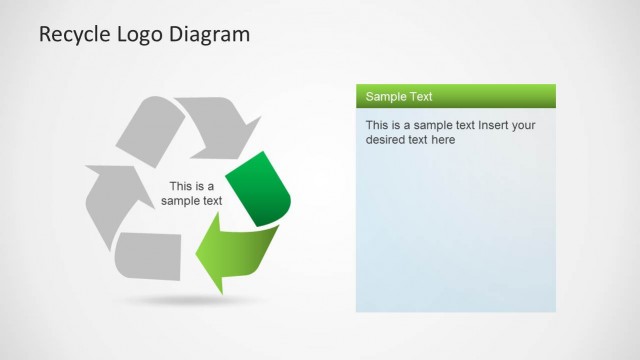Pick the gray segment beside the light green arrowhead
coord(150,256)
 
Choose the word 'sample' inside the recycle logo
coord(181,201)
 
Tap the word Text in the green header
coord(420,97)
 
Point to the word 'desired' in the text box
coord(386,141)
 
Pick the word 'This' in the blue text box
coord(378,126)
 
